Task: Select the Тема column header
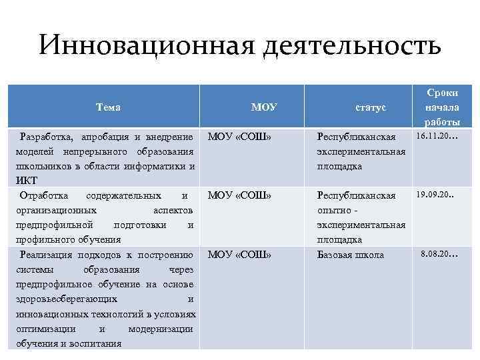pos(108,107)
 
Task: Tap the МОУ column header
pos(264,107)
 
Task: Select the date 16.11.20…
pos(437,137)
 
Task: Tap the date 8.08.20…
pos(439,253)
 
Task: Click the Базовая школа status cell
pos(350,255)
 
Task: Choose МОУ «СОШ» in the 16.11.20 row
pos(239,137)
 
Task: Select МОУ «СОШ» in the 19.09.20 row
pos(239,195)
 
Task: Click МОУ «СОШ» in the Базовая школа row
pos(239,255)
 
